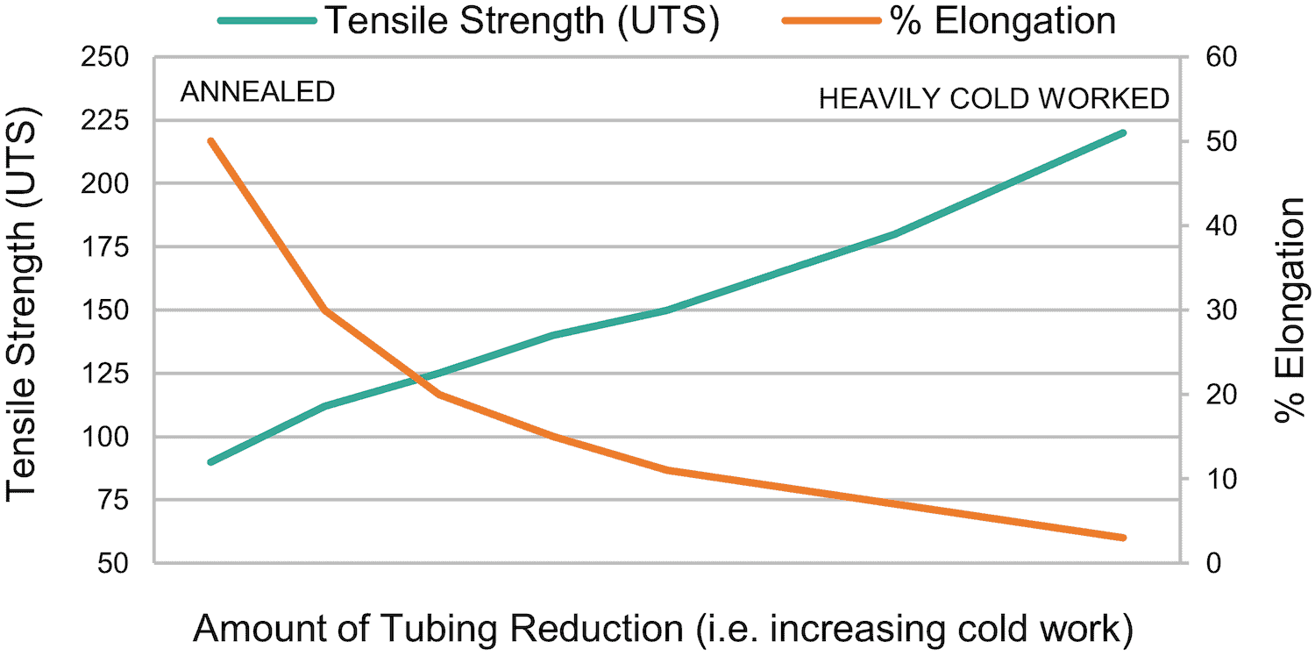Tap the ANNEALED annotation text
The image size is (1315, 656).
(x=258, y=92)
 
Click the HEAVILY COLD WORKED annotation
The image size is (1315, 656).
(x=994, y=98)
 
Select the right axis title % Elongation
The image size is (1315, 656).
(x=1290, y=310)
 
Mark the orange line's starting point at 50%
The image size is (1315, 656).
(x=211, y=140)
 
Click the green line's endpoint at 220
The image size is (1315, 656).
(x=1123, y=133)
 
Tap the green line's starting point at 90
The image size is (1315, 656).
(x=211, y=461)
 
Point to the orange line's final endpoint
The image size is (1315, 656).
(x=1123, y=538)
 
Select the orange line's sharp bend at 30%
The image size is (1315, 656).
(x=325, y=310)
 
